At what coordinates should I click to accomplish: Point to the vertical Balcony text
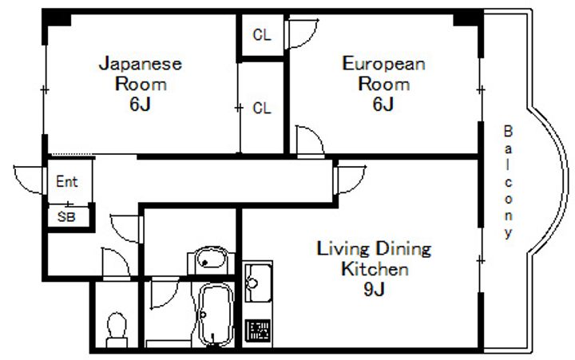pyautogui.click(x=508, y=182)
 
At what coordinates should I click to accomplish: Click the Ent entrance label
pyautogui.click(x=67, y=181)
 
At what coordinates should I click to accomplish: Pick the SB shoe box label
pyautogui.click(x=66, y=217)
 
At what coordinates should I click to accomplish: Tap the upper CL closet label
pyautogui.click(x=262, y=35)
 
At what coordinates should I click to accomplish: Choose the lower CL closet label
pyautogui.click(x=262, y=108)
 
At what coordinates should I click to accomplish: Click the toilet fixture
pyautogui.click(x=117, y=330)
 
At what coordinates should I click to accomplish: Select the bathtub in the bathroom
pyautogui.click(x=216, y=315)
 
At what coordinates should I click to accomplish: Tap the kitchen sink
pyautogui.click(x=258, y=282)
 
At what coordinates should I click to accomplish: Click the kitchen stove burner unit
pyautogui.click(x=258, y=330)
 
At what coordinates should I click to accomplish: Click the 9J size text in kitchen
pyautogui.click(x=374, y=290)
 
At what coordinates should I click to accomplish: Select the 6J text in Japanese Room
pyautogui.click(x=140, y=104)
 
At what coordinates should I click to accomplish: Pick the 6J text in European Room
pyautogui.click(x=383, y=104)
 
